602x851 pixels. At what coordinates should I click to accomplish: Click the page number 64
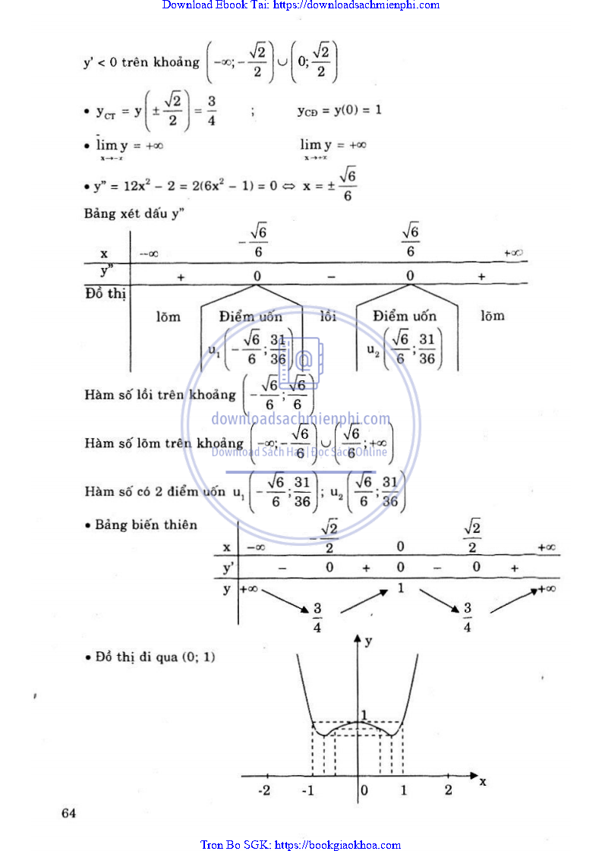[x=69, y=814]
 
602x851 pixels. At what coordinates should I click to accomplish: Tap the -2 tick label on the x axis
[x=264, y=790]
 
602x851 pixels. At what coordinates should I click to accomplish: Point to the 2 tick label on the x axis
[x=448, y=790]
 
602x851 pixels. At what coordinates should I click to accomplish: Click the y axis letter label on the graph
[x=369, y=641]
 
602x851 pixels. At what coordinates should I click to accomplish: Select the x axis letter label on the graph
[x=483, y=781]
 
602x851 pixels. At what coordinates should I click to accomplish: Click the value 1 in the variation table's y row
[x=400, y=588]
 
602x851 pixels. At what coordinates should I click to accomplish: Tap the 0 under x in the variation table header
[x=400, y=547]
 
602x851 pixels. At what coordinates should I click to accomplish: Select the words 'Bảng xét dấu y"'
[x=135, y=213]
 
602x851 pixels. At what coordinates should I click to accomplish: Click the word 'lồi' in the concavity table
[x=328, y=316]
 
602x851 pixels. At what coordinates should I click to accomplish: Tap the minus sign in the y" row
[x=331, y=277]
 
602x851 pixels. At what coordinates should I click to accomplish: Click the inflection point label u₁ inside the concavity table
[x=214, y=349]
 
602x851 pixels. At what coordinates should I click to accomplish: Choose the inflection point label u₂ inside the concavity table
[x=371, y=349]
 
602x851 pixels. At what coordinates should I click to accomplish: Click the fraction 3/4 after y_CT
[x=212, y=111]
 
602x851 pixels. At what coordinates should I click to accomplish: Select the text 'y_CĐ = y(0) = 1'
[x=339, y=111]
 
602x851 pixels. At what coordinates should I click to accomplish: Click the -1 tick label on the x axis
[x=308, y=790]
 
